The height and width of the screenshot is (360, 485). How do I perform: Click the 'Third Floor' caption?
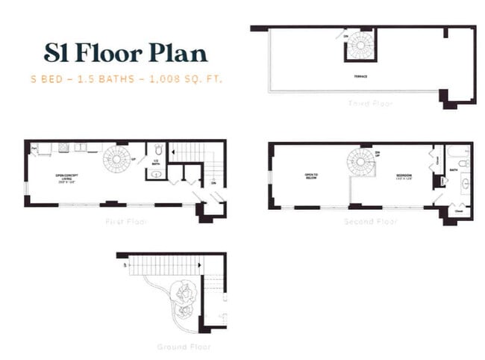[369, 103]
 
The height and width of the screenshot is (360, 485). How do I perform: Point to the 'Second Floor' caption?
[370, 222]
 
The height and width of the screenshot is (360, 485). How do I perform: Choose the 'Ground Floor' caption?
[184, 347]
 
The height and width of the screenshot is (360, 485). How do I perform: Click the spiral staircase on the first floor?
[116, 159]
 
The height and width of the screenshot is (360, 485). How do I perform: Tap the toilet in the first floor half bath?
[155, 149]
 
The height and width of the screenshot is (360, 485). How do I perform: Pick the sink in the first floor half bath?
[155, 174]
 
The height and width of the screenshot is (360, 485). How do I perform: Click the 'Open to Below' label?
[312, 178]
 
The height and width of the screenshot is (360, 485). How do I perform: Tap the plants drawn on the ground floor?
[184, 299]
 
